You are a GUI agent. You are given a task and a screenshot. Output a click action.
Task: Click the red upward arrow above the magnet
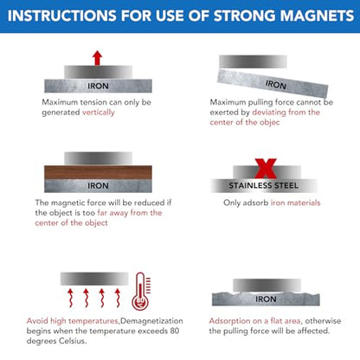96,58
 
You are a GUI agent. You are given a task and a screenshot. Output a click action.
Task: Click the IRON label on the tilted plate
275,85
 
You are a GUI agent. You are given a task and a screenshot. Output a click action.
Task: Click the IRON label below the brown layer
96,183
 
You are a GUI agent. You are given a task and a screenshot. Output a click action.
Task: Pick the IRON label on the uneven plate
267,299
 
